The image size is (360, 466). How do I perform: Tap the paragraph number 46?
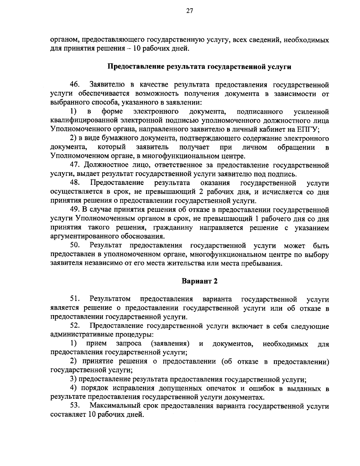[74, 85]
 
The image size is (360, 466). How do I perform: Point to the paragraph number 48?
[74, 183]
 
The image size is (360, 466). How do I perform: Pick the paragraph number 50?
[74, 246]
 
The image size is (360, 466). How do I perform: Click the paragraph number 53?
[74, 406]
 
